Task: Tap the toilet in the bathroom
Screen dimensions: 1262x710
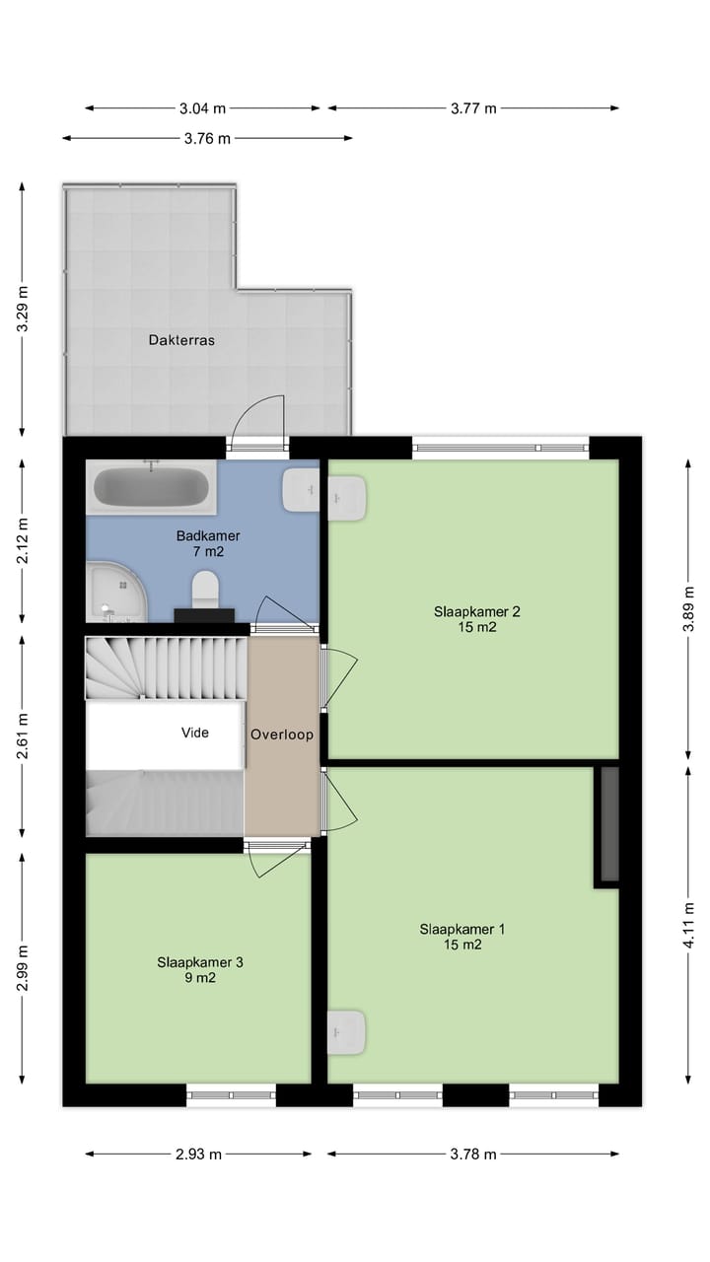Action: coord(204,590)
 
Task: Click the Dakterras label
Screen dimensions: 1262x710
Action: coord(181,340)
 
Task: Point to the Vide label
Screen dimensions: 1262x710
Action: coord(195,733)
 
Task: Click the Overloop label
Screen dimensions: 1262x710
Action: coord(282,735)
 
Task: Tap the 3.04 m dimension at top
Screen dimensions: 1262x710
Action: coord(202,108)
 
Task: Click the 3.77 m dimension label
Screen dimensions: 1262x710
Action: coord(473,108)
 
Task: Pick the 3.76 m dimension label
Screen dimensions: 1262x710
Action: coord(207,138)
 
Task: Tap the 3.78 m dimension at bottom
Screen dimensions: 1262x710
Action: coord(473,1155)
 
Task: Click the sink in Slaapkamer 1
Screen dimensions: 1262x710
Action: coord(347,1031)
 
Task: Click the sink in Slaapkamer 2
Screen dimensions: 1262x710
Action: coord(347,497)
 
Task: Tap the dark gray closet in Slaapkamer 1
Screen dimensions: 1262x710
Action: coord(608,824)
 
